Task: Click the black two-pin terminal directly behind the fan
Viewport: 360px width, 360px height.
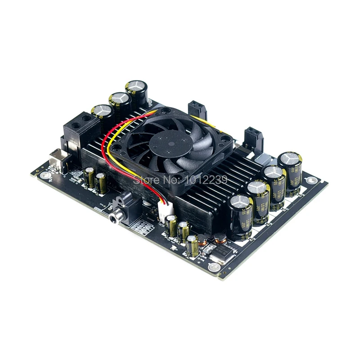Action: tap(197, 110)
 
